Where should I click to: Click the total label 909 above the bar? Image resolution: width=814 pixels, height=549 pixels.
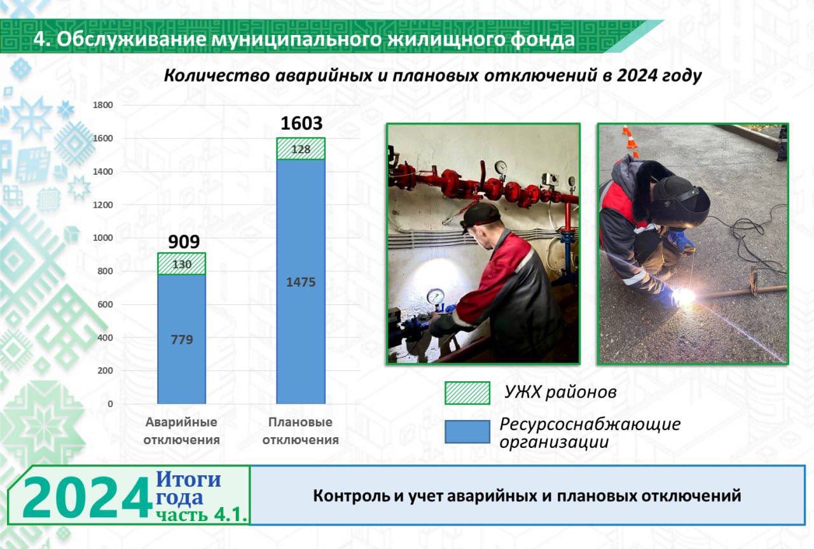[x=184, y=242]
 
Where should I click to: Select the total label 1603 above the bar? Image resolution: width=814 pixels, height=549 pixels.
[x=301, y=123]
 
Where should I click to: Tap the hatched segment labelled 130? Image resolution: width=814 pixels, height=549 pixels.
[x=182, y=264]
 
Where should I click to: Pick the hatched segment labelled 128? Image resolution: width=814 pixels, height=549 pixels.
[x=301, y=149]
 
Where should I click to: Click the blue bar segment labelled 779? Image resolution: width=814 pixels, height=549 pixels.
[x=182, y=339]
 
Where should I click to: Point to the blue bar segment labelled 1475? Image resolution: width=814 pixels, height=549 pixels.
[x=301, y=281]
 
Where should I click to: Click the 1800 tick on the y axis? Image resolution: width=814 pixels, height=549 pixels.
[x=103, y=105]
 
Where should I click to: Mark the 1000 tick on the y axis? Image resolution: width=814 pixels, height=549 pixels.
[x=103, y=238]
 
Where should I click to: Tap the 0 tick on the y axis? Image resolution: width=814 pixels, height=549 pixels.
[x=110, y=403]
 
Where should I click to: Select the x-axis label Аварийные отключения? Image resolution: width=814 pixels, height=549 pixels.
[x=182, y=431]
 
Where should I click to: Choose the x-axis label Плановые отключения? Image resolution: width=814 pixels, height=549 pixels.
[x=301, y=431]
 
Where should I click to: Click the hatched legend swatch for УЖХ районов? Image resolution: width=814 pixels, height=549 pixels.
[x=467, y=393]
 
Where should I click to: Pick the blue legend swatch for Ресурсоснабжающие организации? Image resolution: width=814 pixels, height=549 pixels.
[x=467, y=431]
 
